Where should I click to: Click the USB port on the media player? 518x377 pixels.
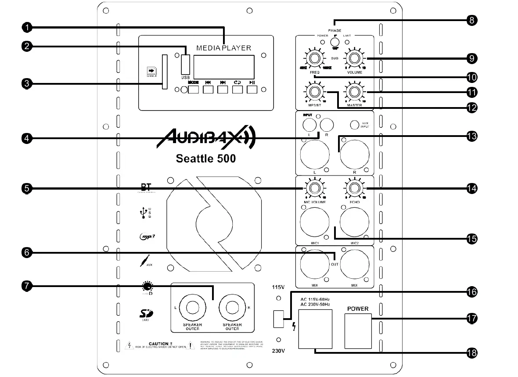pyautogui.click(x=185, y=64)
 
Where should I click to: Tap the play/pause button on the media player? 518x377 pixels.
pyautogui.click(x=252, y=90)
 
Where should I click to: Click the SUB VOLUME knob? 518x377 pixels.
pyautogui.click(x=355, y=58)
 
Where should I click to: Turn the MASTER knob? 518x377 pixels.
pyautogui.click(x=355, y=92)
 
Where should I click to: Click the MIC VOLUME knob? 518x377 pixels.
pyautogui.click(x=314, y=189)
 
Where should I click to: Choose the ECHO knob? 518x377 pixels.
pyautogui.click(x=355, y=189)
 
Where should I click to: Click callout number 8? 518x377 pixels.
pyautogui.click(x=471, y=20)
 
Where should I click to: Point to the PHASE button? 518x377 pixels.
pyautogui.click(x=335, y=42)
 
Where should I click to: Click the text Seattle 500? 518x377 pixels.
pyautogui.click(x=205, y=158)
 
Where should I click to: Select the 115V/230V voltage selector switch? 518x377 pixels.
pyautogui.click(x=278, y=319)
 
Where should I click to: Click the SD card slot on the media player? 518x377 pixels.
pyautogui.click(x=165, y=72)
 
